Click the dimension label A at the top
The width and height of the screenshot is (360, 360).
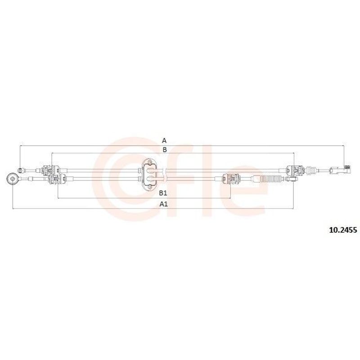coord(164,140)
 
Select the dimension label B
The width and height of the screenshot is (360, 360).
coord(164,150)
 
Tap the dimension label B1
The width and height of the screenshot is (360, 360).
coord(163,193)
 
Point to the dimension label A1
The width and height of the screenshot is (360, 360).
coord(164,204)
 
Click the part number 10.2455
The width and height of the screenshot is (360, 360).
coord(343,230)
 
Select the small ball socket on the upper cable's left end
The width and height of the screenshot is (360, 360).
coord(21,171)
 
